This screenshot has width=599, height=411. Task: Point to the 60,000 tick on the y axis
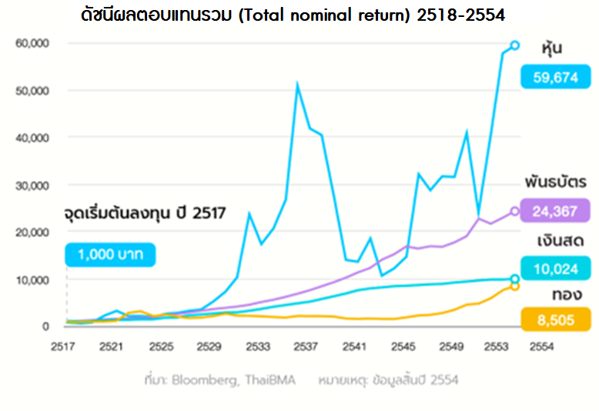coord(32,44)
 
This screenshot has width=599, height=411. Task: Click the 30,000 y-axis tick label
coord(32,185)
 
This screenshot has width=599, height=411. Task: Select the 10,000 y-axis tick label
coord(32,279)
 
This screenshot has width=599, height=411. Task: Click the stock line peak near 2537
coord(297,85)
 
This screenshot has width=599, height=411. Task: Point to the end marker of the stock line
coord(515,45)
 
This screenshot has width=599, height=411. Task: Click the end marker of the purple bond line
coord(515,211)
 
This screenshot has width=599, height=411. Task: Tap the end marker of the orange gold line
coord(515,286)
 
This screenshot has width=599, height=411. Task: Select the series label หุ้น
coord(552,49)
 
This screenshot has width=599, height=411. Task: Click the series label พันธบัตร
coord(551,182)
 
